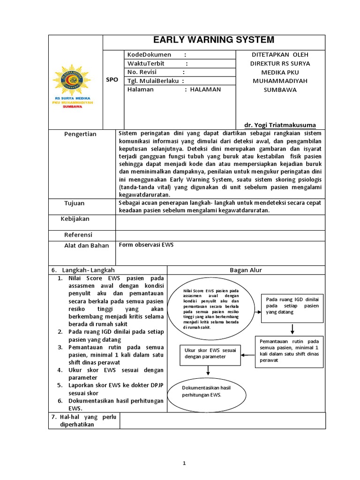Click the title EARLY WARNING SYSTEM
(x=214, y=40)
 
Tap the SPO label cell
(x=112, y=80)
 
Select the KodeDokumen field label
(x=149, y=55)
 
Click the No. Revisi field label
(x=142, y=72)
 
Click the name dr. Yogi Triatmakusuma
(x=280, y=125)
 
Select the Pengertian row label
(x=80, y=134)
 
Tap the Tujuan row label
(x=75, y=203)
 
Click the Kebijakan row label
(x=75, y=219)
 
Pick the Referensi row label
(x=78, y=234)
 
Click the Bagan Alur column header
(x=246, y=270)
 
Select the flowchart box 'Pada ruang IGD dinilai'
(x=292, y=306)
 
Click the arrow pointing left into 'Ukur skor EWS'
(x=248, y=355)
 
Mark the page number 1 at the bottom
(x=185, y=463)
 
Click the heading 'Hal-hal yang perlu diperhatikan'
(x=84, y=420)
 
